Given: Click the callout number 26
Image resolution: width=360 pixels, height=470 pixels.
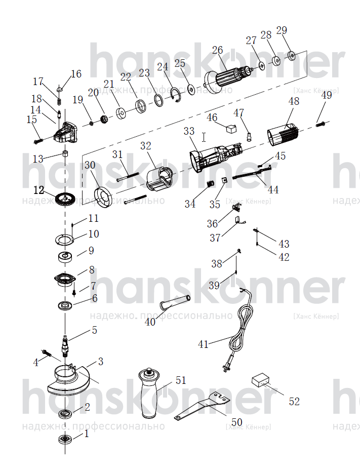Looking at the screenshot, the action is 217,50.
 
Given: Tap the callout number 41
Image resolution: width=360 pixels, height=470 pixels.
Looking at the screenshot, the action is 203,344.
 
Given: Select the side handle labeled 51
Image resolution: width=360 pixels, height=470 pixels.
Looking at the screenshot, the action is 149,393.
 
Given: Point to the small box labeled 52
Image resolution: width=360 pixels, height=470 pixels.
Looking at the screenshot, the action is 261,381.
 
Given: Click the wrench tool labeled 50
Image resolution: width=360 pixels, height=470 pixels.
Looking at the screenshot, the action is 202,407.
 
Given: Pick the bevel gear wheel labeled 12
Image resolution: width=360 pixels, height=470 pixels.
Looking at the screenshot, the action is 65,199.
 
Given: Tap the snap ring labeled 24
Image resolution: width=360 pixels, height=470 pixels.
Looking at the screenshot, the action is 175,95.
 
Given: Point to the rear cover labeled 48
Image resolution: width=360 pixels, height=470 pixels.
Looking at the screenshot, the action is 283,136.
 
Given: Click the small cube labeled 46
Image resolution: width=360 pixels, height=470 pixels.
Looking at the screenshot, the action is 230,129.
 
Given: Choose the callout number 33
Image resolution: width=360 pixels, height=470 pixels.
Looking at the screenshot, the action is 189,131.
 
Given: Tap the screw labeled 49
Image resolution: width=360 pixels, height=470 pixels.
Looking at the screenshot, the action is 320,124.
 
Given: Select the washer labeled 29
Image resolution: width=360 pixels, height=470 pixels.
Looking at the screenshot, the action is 291,55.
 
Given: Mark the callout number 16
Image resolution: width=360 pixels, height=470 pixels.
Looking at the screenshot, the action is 76,73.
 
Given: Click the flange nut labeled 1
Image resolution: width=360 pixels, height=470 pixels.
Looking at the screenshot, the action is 65,439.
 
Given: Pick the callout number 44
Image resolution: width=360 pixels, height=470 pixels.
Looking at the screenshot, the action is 273,190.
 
